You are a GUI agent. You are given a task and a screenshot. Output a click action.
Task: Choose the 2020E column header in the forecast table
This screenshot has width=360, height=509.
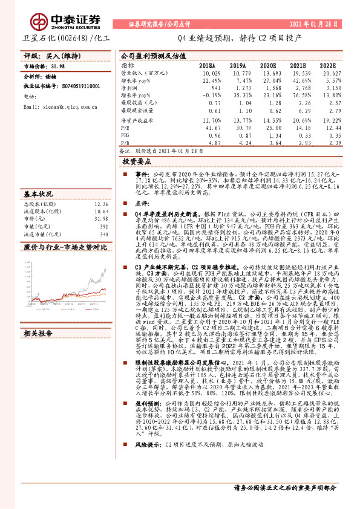pyautogui.click(x=268, y=64)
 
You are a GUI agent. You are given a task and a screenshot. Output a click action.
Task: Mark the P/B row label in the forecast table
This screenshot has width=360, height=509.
pyautogui.click(x=125, y=144)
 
